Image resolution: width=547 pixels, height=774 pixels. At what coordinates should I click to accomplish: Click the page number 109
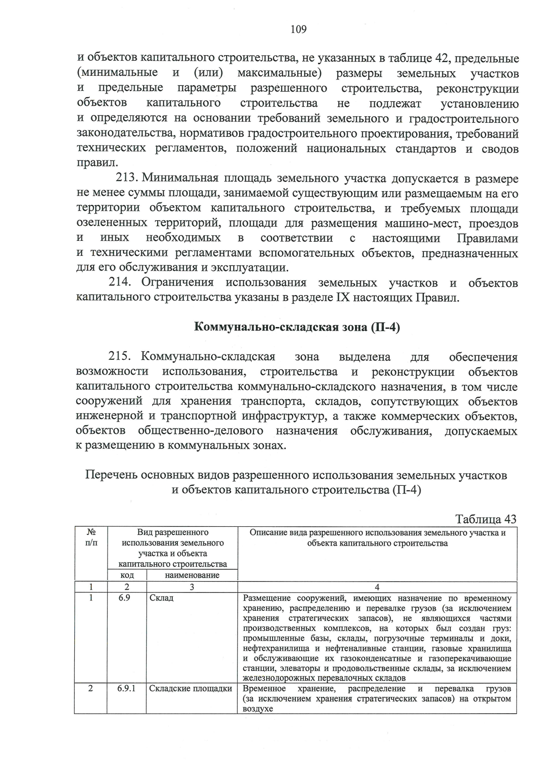299,30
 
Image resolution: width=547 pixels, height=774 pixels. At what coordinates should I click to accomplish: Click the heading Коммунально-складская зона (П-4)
297,327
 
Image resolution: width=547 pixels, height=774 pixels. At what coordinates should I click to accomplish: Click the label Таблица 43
486,519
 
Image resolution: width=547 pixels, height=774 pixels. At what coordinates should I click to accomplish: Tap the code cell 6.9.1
126,688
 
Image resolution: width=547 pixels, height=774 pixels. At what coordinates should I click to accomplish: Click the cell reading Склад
161,598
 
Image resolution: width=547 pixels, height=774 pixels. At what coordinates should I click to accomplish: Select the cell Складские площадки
191,688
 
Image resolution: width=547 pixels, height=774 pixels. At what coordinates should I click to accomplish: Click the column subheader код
127,575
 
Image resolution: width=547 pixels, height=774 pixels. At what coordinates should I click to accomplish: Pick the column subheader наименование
192,575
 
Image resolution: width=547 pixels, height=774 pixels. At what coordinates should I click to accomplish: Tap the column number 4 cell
377,587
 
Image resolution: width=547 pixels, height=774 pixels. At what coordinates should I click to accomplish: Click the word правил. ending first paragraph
92,163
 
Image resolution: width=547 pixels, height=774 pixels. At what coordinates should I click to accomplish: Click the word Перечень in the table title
111,475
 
